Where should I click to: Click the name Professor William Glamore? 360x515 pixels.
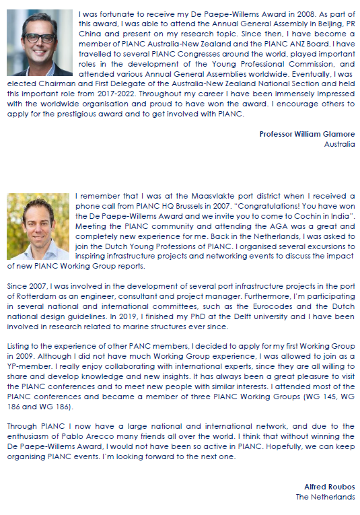(x=307, y=134)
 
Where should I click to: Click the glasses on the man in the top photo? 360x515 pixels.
(x=38, y=38)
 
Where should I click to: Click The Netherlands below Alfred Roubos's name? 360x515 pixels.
(x=325, y=497)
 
